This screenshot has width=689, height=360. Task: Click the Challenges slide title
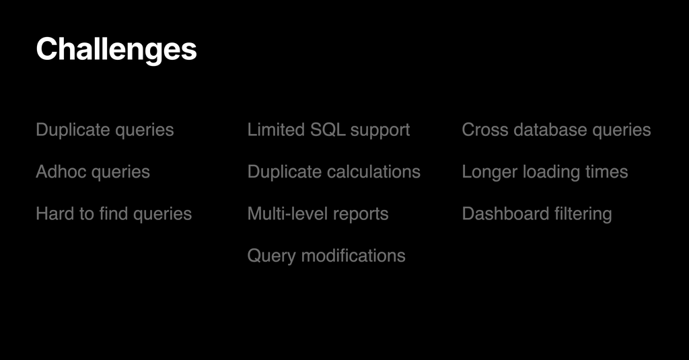(116, 50)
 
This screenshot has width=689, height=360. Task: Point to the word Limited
(276, 129)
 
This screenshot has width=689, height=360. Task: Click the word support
(380, 131)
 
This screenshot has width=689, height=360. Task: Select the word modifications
(353, 256)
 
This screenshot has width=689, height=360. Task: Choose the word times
(606, 172)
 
